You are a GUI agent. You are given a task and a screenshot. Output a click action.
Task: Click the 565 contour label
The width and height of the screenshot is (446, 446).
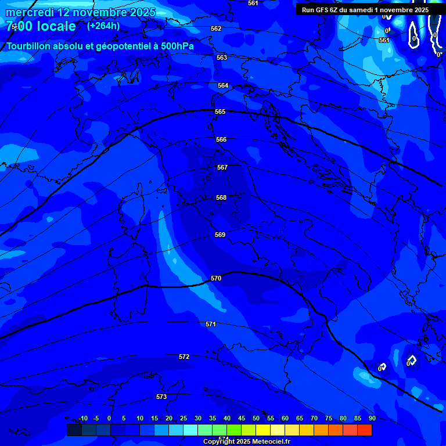tap(220, 111)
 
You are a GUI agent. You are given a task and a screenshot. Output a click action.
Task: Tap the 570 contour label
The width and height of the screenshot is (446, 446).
tap(216, 278)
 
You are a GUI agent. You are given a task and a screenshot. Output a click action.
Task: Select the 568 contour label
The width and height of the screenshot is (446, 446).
tap(221, 197)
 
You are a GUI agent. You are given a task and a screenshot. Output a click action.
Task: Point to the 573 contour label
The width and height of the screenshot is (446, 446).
tap(161, 397)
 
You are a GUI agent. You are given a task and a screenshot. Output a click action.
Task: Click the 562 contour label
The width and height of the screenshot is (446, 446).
tap(216, 28)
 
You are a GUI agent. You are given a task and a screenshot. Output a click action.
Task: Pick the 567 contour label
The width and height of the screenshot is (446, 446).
tap(222, 167)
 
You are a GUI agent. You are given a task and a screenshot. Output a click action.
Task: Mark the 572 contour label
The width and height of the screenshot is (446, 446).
tap(184, 357)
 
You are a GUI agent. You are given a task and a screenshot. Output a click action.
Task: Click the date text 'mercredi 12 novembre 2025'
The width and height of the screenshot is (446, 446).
tap(74, 12)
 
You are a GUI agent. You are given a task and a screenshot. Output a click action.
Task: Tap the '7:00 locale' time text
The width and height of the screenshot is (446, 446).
tap(41, 26)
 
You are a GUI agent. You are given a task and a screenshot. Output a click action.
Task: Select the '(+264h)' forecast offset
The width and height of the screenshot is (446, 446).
tap(103, 26)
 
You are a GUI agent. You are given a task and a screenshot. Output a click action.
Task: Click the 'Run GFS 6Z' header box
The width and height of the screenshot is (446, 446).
tap(365, 10)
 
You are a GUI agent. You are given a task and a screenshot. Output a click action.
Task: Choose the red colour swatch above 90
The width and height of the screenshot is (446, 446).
tap(365, 430)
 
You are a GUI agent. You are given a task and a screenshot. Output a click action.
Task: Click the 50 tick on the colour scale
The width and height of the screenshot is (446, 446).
tap(256, 418)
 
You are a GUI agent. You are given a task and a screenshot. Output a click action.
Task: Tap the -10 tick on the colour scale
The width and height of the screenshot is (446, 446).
tap(82, 418)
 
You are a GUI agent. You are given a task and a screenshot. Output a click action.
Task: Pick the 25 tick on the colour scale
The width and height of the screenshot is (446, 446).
tap(184, 418)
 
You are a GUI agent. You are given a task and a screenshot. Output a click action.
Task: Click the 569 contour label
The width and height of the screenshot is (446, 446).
tap(220, 235)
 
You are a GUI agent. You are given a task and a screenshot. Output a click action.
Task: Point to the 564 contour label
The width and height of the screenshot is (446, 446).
tap(223, 85)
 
